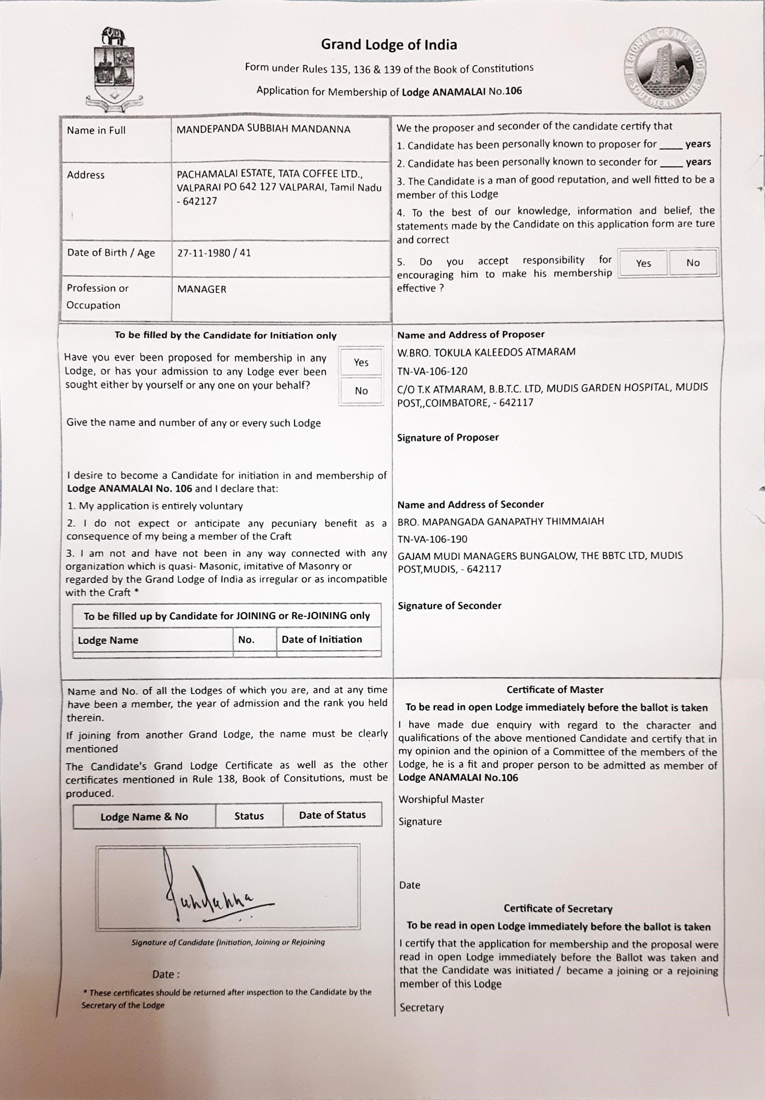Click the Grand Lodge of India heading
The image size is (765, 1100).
(389, 44)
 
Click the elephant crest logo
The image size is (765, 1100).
(114, 69)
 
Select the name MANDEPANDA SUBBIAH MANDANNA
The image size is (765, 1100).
(263, 129)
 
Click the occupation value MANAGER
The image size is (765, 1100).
(202, 289)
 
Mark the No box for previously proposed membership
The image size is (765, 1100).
(361, 391)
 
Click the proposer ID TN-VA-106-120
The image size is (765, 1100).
(432, 371)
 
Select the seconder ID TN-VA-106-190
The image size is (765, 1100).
(432, 539)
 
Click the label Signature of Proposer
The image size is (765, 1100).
(448, 437)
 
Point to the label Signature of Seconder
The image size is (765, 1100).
(449, 605)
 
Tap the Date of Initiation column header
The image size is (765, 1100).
(321, 639)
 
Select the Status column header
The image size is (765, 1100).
(249, 816)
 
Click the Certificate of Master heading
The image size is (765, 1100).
(555, 690)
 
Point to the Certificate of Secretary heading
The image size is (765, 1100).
(557, 908)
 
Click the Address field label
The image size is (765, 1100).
(86, 175)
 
